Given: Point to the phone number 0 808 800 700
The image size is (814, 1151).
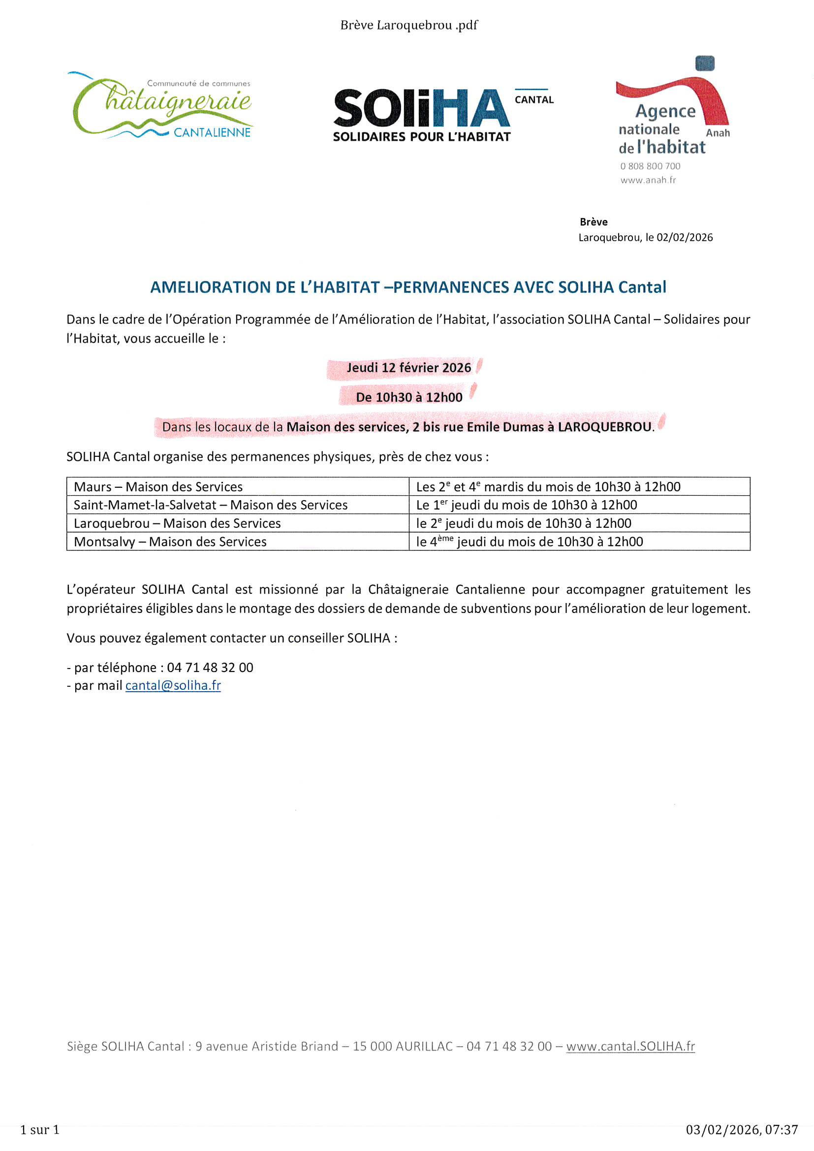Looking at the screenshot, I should (x=650, y=166).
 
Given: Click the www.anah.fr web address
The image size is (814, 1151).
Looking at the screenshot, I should (x=648, y=180).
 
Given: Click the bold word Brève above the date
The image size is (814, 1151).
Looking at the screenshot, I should (x=594, y=222).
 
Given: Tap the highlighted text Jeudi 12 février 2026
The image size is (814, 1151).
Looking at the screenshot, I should (x=408, y=368).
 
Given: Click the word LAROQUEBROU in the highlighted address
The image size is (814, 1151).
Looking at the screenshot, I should (x=604, y=427).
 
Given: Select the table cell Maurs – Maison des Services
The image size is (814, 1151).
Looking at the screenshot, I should (x=158, y=487).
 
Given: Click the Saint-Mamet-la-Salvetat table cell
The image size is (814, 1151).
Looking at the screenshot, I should (x=211, y=505).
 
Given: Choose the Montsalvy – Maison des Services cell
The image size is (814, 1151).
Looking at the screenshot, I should (x=170, y=542).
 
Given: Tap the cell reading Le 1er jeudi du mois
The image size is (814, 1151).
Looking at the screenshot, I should (x=526, y=505).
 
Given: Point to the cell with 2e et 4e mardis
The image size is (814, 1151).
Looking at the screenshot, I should (x=548, y=487).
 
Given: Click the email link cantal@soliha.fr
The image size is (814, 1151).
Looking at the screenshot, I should (x=173, y=685).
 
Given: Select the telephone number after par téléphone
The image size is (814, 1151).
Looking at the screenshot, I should (x=210, y=667).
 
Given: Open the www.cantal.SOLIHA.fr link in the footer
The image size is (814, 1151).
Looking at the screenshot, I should (x=630, y=1046).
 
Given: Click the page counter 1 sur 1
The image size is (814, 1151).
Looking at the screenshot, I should (x=39, y=1129).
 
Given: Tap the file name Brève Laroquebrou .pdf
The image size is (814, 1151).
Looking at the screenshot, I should (x=408, y=25).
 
